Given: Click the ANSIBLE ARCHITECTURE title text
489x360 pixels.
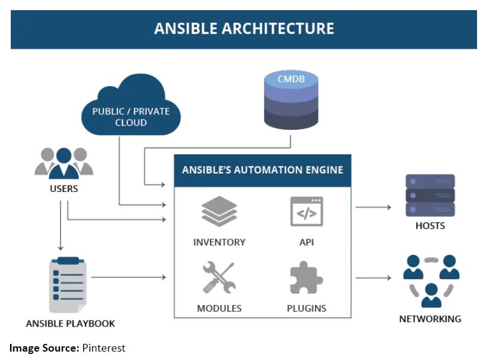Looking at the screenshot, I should pos(244,29).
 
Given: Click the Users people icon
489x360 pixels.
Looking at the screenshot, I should pos(63,163).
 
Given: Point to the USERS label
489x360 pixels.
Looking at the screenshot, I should pos(63,190).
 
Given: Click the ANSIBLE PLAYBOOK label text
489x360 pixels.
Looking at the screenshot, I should pos(71,324).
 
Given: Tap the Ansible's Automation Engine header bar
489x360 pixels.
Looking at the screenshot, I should pos(262,170).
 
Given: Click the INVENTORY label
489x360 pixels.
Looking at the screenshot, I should pos(219,242).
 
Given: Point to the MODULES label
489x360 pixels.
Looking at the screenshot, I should pos(219,309).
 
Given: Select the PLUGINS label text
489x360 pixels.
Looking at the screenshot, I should pos(307,309).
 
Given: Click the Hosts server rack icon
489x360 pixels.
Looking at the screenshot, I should pos(430,195).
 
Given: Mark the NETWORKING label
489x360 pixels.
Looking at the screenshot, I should pos(430,319).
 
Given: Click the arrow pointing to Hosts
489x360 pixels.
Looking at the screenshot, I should pos(374,208).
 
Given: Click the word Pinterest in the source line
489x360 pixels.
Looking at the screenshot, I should pos(103,348).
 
